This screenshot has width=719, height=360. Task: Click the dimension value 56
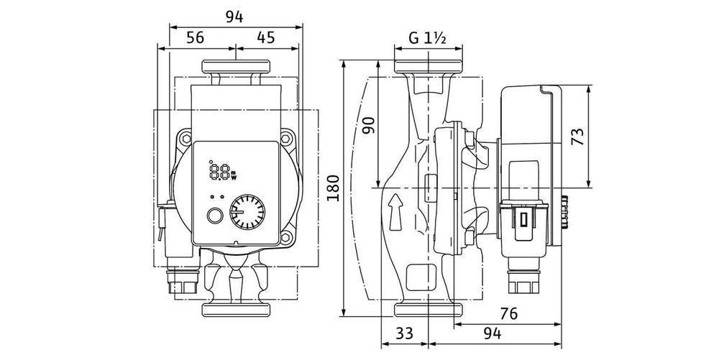[194, 38]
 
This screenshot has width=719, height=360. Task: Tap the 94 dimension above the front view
[234, 16]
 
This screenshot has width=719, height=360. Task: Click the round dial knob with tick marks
[247, 213]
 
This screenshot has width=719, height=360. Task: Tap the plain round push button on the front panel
[214, 217]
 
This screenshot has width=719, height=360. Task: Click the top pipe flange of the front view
[235, 68]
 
